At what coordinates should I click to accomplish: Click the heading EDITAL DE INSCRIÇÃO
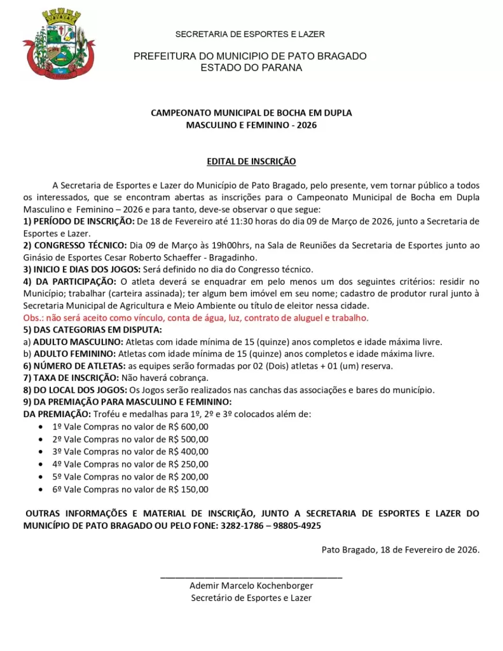click(251, 161)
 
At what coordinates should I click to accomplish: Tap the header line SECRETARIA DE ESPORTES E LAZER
click(250, 34)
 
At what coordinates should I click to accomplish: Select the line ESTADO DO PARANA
click(251, 67)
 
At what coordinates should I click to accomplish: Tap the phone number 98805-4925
click(297, 526)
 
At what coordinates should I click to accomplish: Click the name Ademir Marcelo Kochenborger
click(251, 586)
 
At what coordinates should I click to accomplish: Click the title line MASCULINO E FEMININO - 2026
click(251, 125)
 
